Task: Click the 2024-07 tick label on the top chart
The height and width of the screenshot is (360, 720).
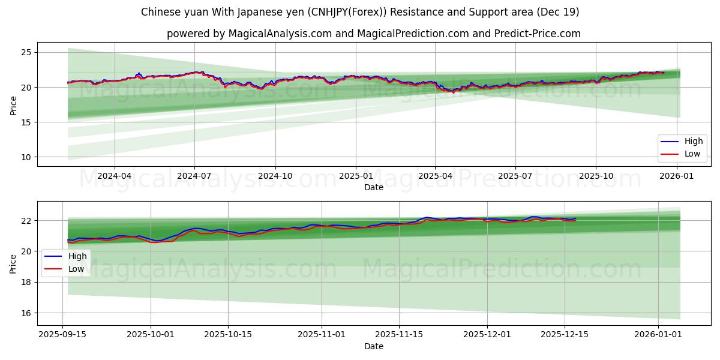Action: point(194,176)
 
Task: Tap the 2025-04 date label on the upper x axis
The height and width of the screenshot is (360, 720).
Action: point(435,176)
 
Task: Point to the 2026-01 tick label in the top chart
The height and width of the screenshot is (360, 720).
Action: point(677,176)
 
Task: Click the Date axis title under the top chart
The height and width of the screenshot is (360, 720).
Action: point(373,187)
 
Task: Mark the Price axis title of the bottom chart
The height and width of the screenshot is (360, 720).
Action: point(13,263)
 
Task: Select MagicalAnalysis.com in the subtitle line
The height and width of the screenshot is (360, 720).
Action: point(280,34)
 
